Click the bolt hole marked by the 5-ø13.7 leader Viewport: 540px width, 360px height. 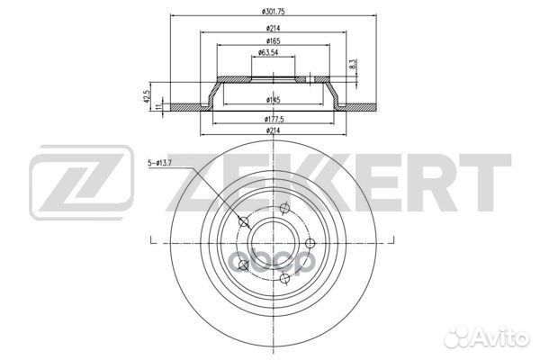[243, 222]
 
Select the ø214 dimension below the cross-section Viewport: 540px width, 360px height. [270, 131]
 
